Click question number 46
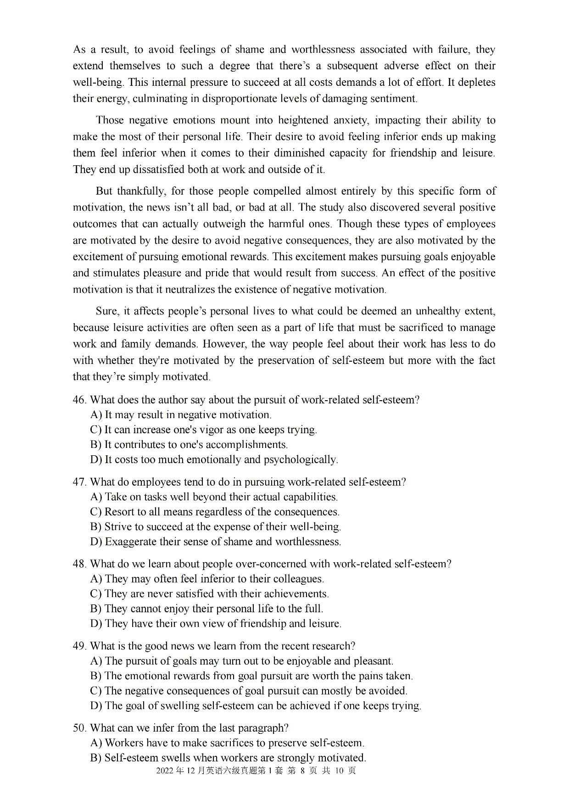79,400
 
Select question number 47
79,482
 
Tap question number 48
79,564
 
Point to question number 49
79,646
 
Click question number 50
79,728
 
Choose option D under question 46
214,459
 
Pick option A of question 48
207,579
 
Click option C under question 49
249,691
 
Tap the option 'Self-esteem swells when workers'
228,758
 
